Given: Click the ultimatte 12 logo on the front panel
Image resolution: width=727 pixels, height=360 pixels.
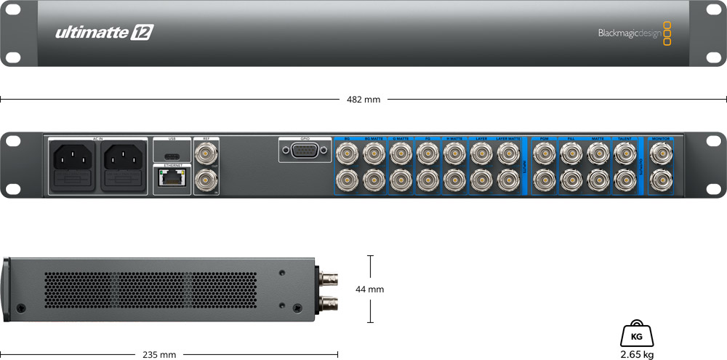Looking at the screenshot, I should (x=104, y=33).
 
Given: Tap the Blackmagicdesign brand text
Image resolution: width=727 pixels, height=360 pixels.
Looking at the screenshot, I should (x=629, y=33).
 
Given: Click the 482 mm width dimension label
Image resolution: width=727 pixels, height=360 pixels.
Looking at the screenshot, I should (x=363, y=99).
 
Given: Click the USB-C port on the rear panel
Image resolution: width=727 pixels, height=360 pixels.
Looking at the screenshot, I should (x=172, y=156).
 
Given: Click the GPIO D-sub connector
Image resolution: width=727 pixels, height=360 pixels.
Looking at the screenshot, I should (x=304, y=151).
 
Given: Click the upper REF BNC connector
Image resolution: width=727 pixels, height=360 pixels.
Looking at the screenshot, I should (x=206, y=153).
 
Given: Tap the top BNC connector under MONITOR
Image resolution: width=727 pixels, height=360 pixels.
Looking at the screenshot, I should (x=660, y=153).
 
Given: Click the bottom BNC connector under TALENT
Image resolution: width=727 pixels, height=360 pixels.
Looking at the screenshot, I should (x=624, y=179).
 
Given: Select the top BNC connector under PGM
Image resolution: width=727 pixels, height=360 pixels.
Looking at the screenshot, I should (x=544, y=153).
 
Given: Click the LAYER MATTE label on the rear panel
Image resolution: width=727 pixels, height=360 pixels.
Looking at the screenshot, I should (x=509, y=138).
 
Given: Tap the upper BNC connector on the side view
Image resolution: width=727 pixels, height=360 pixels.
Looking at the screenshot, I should (x=327, y=277).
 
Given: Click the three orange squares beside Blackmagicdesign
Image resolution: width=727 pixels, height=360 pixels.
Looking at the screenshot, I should (x=667, y=33).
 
